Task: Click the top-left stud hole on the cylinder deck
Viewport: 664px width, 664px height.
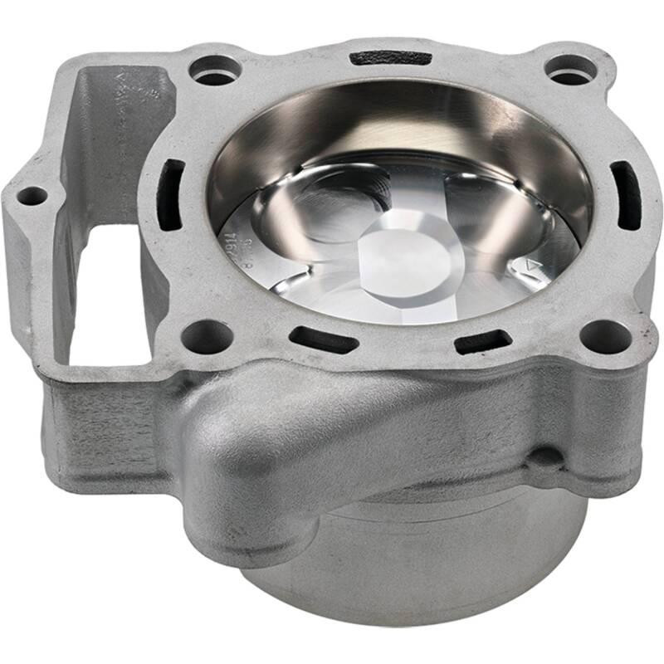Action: click(x=215, y=70)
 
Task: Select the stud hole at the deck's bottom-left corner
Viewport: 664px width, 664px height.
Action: click(x=207, y=336)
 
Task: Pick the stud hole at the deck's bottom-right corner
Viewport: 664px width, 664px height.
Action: click(x=605, y=335)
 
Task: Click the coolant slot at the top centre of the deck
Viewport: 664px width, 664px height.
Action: click(x=390, y=59)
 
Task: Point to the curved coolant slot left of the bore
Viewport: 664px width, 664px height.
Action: click(x=171, y=194)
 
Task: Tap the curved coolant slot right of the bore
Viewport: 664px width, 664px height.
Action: click(x=625, y=195)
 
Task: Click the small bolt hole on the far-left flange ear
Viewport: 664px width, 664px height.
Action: click(x=32, y=197)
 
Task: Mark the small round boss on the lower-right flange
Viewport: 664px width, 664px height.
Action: click(x=544, y=456)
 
